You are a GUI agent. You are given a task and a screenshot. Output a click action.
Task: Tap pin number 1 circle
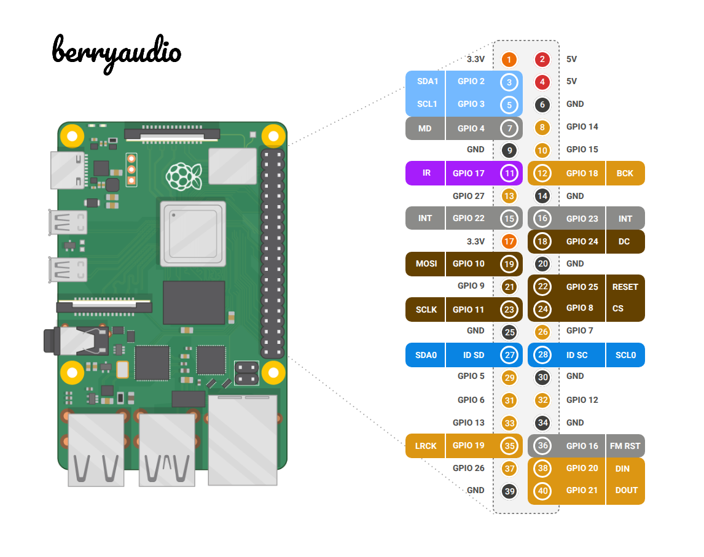click(x=509, y=60)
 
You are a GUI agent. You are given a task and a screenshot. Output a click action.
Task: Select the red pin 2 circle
click(x=542, y=60)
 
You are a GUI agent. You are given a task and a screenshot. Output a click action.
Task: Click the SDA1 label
click(x=427, y=81)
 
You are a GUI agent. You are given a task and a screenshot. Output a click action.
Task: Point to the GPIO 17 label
click(x=468, y=173)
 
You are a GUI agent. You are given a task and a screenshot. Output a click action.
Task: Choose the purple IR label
click(x=426, y=173)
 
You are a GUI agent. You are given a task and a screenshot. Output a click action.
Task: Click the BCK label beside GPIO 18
click(x=624, y=173)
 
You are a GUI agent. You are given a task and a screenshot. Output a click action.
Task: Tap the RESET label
click(x=625, y=287)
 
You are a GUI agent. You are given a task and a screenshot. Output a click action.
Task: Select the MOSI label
click(x=426, y=263)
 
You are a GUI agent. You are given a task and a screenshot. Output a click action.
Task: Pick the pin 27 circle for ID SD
click(x=509, y=355)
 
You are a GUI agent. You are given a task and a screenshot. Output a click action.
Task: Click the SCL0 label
click(x=625, y=355)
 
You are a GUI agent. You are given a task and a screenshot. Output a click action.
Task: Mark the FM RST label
click(x=625, y=446)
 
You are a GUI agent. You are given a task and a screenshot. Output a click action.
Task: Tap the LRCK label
click(x=426, y=446)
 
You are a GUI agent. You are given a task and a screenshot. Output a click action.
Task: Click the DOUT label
click(x=626, y=490)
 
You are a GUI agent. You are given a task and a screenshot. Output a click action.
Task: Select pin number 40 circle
click(x=542, y=491)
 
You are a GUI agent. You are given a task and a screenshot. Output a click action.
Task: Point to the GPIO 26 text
click(x=468, y=468)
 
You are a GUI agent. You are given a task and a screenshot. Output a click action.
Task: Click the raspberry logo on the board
click(x=184, y=176)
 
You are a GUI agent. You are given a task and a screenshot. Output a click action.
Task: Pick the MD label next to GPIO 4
click(x=425, y=128)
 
